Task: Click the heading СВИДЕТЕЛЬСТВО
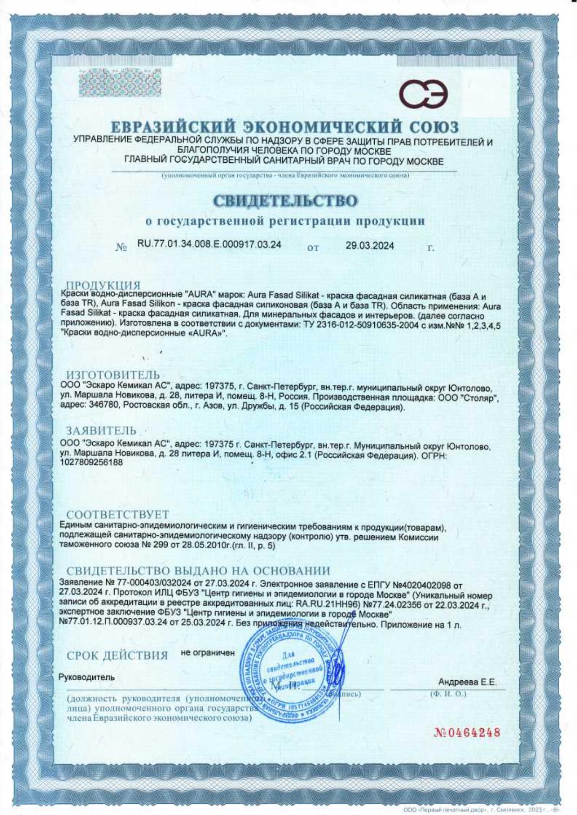tap(285, 201)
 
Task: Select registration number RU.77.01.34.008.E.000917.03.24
tap(209, 245)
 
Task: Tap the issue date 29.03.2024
tap(370, 246)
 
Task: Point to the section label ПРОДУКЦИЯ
tap(103, 285)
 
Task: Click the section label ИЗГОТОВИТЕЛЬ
tap(113, 375)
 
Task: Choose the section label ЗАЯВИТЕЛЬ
tap(101, 430)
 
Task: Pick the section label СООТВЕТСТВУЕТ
tap(117, 515)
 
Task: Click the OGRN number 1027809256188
tap(92, 463)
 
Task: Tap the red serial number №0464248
tap(467, 732)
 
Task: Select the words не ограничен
tap(207, 653)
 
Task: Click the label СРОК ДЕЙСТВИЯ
tap(117, 656)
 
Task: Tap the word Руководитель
tap(87, 677)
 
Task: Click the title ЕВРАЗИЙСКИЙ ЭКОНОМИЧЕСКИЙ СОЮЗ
tap(285, 127)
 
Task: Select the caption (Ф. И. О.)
tap(447, 694)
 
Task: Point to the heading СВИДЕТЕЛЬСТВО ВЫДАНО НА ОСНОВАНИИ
tap(198, 571)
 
